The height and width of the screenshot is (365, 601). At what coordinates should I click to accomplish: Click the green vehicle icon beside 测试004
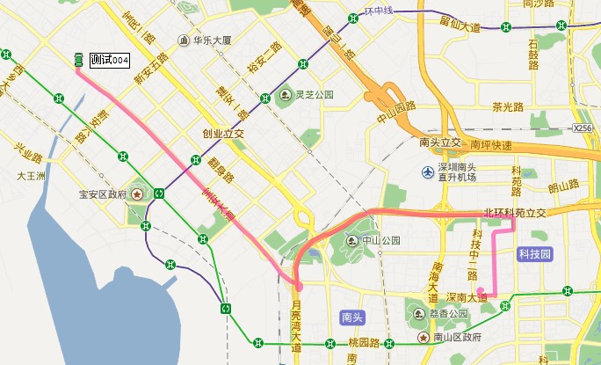point(78,60)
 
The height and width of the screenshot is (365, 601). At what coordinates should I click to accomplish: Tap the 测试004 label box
point(110,60)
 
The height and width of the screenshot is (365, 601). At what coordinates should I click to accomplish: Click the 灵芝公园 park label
point(315,94)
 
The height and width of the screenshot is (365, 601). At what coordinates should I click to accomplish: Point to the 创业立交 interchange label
point(222,135)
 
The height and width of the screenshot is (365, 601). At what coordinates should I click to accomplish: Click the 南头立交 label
point(440,142)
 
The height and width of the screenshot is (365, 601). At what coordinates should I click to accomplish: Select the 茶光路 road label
point(508,107)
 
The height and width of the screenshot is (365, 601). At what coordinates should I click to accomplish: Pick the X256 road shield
point(583,128)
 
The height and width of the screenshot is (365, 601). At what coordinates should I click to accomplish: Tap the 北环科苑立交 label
point(515,213)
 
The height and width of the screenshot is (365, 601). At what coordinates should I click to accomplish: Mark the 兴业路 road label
point(28,150)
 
